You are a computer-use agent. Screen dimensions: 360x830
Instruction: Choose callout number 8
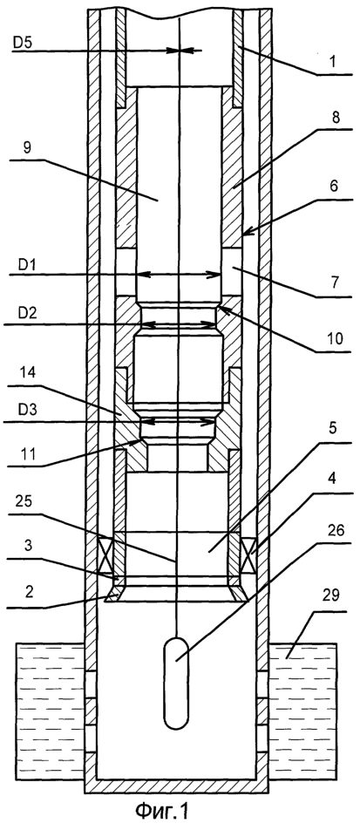pyautogui.click(x=334, y=119)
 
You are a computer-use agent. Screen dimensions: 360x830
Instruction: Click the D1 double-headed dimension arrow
pyautogui.click(x=179, y=275)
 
